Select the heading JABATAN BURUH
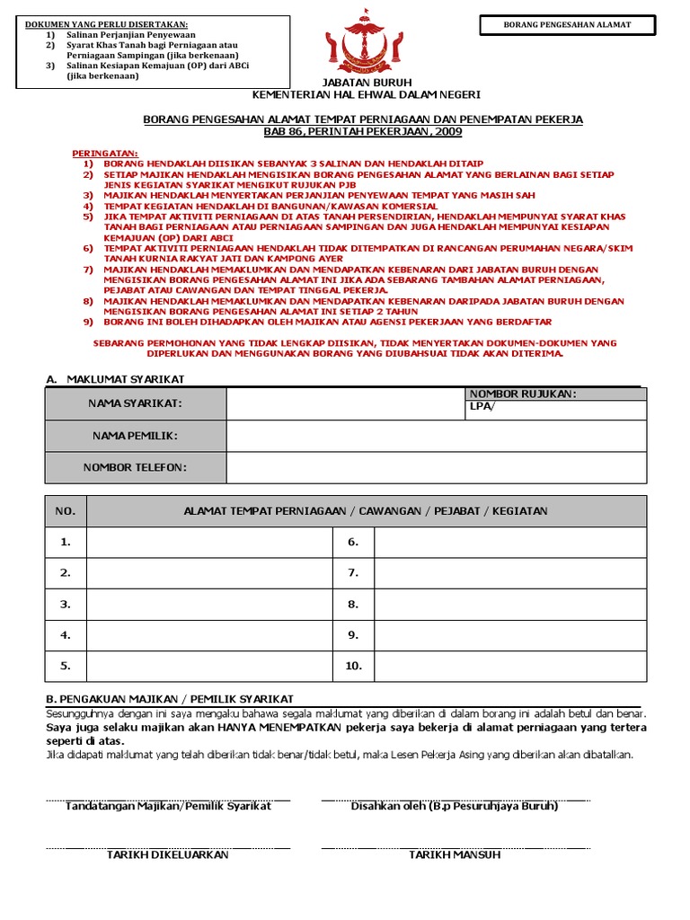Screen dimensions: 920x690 pos(366,82)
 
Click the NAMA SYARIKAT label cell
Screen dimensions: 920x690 pos(135,403)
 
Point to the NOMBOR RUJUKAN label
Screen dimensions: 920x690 pos(523,394)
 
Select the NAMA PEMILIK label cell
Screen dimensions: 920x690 pos(135,436)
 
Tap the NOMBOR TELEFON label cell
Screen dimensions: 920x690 pos(135,467)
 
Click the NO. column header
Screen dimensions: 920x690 pos(66,511)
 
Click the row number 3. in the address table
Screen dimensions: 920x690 pos(66,605)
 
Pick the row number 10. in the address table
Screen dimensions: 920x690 pos(353,666)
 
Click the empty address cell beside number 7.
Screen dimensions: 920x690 pos(509,573)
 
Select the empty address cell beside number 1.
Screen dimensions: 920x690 pos(208,542)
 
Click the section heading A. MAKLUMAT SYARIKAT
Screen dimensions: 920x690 pos(114,380)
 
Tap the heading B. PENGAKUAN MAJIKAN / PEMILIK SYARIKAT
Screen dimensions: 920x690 pos(169,699)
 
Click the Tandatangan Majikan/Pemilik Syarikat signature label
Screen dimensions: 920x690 pos(168,806)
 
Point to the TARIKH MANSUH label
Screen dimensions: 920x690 pos(455,854)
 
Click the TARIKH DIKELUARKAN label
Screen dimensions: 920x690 pos(168,854)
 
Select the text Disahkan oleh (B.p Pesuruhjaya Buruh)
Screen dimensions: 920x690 pos(455,806)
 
